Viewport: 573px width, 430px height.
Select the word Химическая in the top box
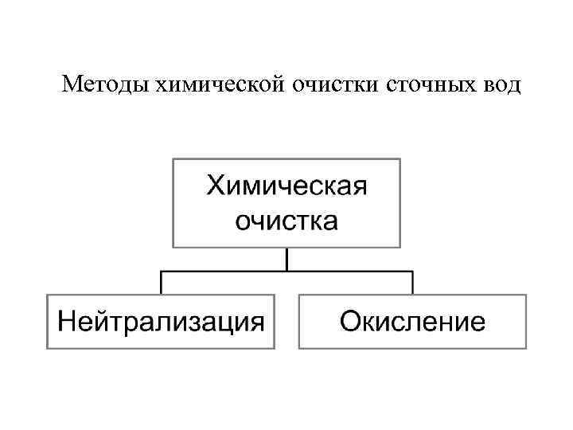(x=286, y=188)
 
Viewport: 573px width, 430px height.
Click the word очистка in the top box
(x=286, y=220)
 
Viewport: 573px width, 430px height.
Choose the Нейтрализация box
(x=160, y=321)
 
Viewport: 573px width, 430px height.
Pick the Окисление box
(x=412, y=321)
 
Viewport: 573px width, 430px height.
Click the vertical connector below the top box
(x=286, y=259)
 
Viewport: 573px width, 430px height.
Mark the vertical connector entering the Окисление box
(x=412, y=283)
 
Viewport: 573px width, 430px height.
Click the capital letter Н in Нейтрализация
(x=66, y=322)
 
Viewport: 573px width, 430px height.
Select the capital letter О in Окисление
(x=351, y=322)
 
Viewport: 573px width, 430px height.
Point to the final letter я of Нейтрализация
(x=255, y=323)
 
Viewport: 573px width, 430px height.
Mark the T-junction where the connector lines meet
(x=286, y=272)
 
